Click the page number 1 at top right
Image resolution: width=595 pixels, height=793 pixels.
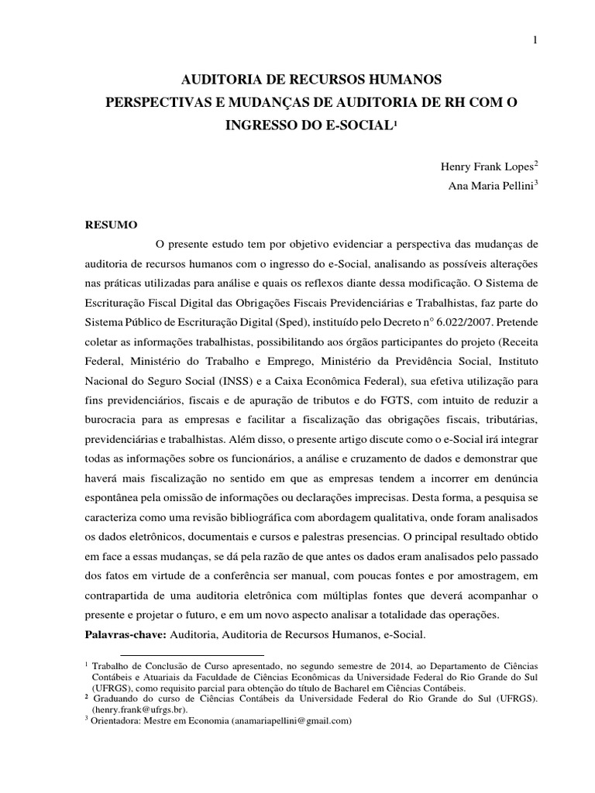(535, 40)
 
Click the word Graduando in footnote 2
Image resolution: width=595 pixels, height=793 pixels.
(116, 698)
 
